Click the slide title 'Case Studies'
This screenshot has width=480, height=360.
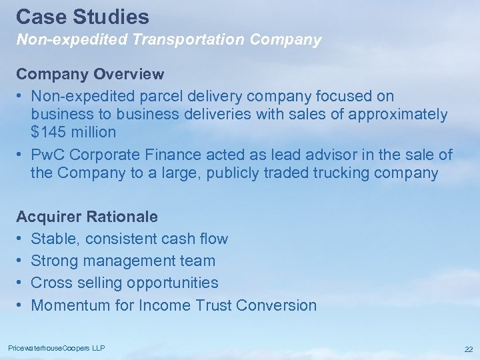(83, 16)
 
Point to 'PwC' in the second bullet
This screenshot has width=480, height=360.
(48, 155)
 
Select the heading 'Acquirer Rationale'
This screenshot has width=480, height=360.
(87, 217)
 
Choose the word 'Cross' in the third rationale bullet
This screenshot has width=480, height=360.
(52, 283)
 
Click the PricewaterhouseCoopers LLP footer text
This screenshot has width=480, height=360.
(56, 348)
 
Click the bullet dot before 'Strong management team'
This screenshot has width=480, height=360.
(20, 261)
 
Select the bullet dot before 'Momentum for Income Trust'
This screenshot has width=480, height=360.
(20, 305)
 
